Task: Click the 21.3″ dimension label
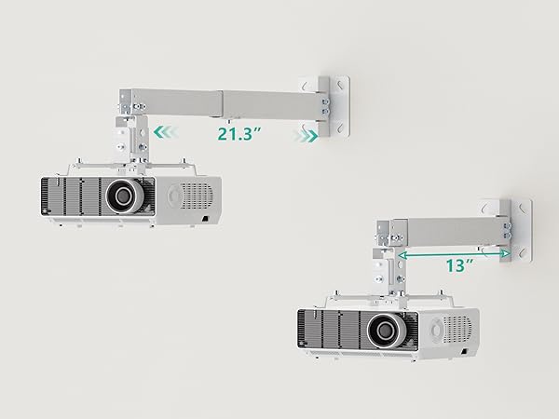239,133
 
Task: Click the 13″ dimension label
460,265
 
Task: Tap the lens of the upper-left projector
124,196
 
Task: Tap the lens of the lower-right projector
387,331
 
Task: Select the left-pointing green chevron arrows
165,132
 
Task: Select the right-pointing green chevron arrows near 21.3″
306,135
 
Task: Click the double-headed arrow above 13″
454,254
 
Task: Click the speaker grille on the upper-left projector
196,196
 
